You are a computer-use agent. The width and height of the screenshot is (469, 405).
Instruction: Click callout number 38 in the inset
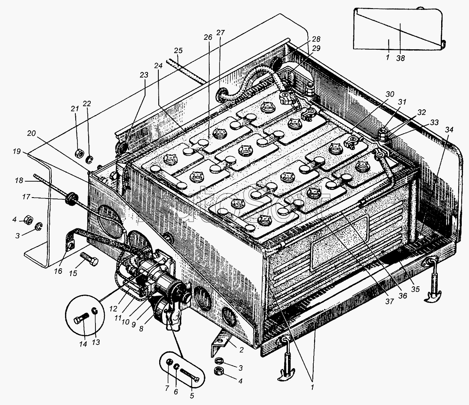(x=401, y=58)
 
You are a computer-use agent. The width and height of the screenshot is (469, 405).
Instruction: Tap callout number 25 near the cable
(x=178, y=50)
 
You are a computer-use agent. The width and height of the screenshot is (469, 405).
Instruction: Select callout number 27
(x=220, y=32)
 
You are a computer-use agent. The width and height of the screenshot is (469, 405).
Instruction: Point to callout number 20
(x=31, y=133)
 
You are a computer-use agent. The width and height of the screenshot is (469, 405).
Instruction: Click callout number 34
(x=449, y=129)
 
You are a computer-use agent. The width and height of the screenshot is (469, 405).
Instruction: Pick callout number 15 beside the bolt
(x=73, y=273)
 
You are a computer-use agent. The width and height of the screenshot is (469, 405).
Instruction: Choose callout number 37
(x=389, y=301)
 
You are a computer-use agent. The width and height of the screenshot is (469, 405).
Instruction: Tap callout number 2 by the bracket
(x=241, y=350)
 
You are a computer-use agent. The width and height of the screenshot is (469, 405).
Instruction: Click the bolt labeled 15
(x=89, y=259)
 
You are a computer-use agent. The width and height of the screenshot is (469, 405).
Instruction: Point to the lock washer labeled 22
(x=89, y=159)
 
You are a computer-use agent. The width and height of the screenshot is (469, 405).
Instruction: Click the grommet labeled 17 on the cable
(x=71, y=198)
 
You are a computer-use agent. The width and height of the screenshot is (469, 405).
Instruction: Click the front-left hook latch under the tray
(x=286, y=358)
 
